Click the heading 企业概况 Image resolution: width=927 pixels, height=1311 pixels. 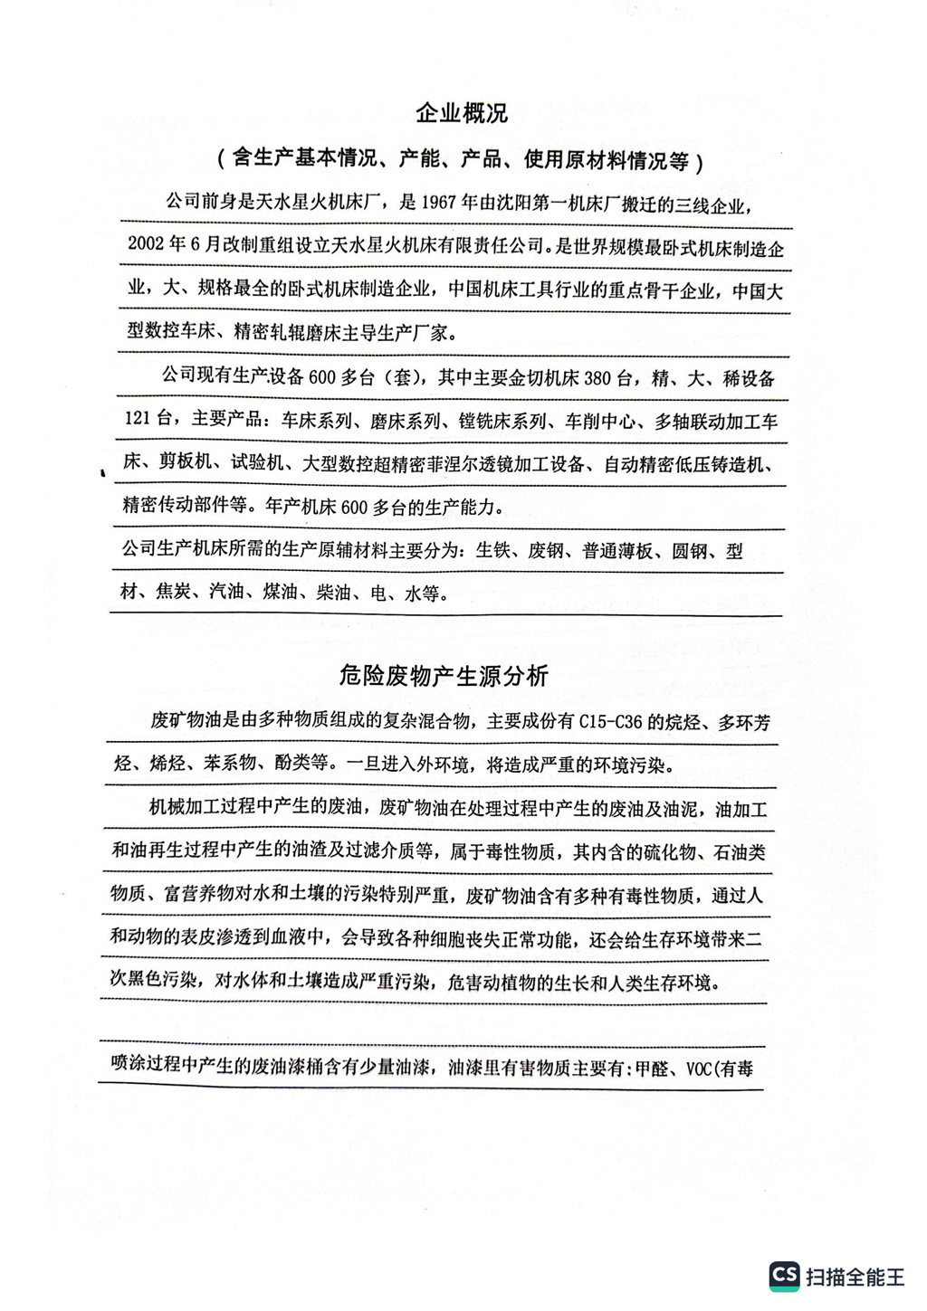pos(462,114)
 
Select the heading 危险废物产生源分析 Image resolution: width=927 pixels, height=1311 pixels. pos(444,676)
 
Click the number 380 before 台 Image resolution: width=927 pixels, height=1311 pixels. pos(597,378)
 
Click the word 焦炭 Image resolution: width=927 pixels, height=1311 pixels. pos(173,593)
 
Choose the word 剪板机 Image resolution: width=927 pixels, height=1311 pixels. pos(185,462)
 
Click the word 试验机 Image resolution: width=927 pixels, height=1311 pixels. pos(256,462)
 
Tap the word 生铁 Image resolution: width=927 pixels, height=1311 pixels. pos(493,551)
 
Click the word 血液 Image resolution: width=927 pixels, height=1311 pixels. pos(288,938)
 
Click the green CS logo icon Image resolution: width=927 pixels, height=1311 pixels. pos(784,1276)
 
